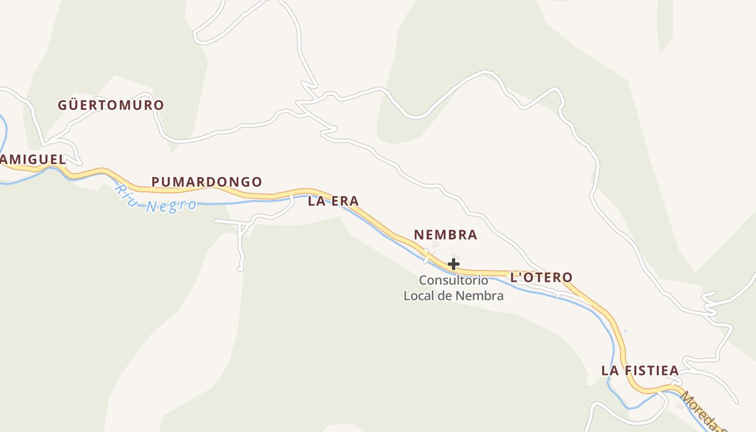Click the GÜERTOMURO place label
point(111,105)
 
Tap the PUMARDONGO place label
point(206,182)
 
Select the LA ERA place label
point(333,201)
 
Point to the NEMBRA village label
point(446,235)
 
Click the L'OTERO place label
point(541,278)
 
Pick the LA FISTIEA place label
point(640,370)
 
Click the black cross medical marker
point(454,264)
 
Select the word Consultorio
point(454,280)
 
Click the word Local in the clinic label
point(419,295)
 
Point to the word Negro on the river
point(172,206)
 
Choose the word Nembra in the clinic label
point(480,295)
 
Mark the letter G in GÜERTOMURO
point(63,105)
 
